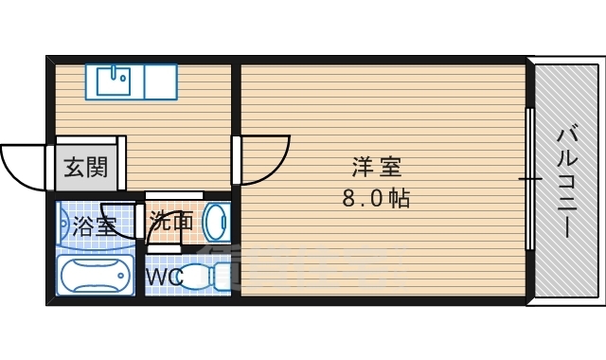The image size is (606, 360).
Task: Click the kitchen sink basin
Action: (x=114, y=81)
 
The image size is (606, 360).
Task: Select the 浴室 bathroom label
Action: (x=94, y=226)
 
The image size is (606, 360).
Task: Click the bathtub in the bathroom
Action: (x=96, y=277)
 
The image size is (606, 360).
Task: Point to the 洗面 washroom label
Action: (x=172, y=222)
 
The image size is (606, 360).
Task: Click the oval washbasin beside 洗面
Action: (x=217, y=224)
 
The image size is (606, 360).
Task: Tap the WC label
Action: (x=164, y=278)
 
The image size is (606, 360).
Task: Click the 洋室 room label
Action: (x=376, y=169)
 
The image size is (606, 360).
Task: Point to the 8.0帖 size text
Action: (x=376, y=199)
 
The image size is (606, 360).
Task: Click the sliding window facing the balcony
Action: (x=530, y=179)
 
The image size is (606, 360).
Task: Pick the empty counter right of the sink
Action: (x=159, y=81)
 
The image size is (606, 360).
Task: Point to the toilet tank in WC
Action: (x=223, y=277)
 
